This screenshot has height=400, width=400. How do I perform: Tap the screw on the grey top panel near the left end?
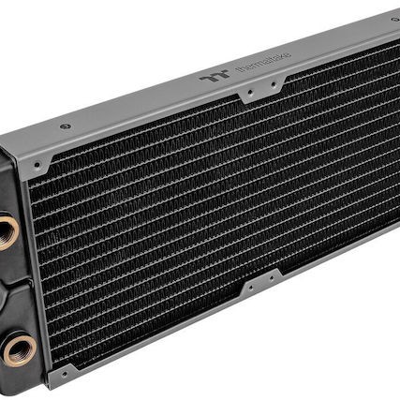pyautogui.click(x=65, y=126)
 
